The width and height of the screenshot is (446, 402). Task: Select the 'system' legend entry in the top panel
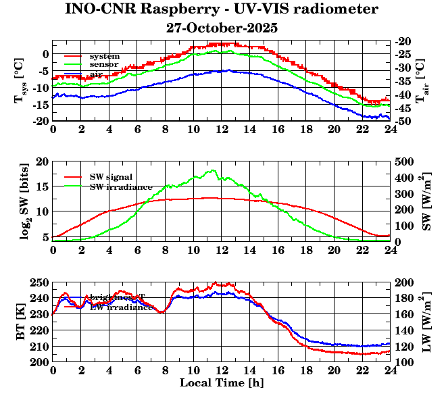coord(104,55)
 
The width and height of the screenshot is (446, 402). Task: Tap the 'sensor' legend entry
coord(104,64)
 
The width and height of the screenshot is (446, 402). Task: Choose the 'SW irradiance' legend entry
coord(121,186)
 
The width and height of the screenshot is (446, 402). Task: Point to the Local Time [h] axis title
coord(221,383)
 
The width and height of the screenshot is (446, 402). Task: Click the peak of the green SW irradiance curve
coord(213,170)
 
